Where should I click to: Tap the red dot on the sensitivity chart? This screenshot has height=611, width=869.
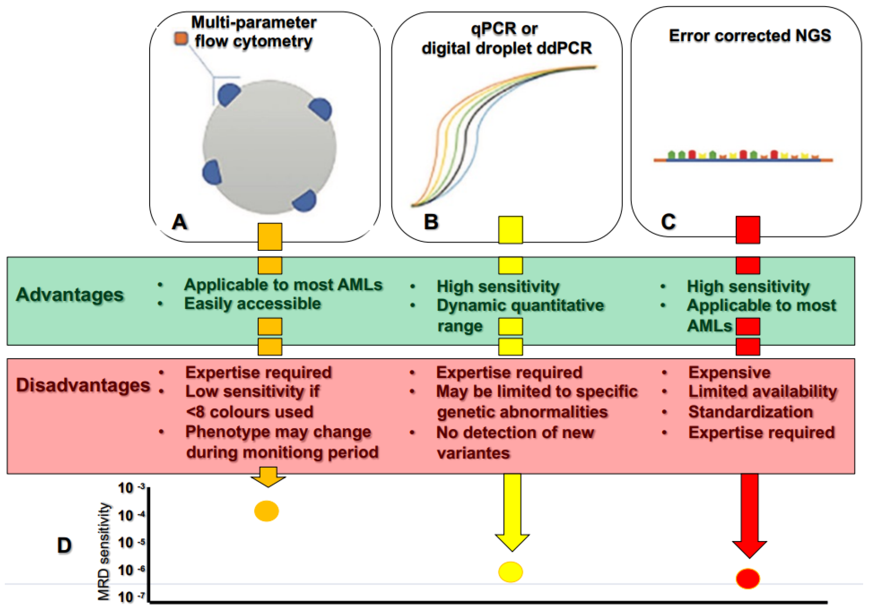point(748,578)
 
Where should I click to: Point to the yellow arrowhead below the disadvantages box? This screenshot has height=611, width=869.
point(512,542)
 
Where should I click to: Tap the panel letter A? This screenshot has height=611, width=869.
point(179,222)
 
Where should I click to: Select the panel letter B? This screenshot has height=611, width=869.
point(431,222)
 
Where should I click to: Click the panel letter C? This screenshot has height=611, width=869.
point(668,222)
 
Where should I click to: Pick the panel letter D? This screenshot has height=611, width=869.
point(64,546)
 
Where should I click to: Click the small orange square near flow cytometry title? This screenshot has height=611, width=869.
point(181,38)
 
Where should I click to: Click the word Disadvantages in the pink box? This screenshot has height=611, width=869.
point(83,385)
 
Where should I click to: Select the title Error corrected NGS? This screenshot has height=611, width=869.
point(750,36)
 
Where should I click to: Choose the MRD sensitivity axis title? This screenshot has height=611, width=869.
point(103,551)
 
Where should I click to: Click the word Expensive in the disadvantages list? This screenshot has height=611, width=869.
point(729,372)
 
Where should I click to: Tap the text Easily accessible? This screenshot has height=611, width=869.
point(253,303)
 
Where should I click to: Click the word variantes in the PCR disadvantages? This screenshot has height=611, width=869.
point(473,453)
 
